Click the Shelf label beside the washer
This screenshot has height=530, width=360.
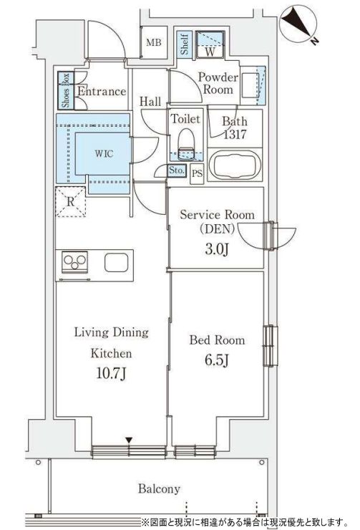click(x=184, y=45)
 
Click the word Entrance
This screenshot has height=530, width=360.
click(x=102, y=92)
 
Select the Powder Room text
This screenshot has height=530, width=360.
click(x=215, y=83)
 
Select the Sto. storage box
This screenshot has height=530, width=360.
click(x=177, y=170)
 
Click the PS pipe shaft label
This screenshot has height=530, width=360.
click(x=197, y=172)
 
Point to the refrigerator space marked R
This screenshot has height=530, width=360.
click(x=71, y=201)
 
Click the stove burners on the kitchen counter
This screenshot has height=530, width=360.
click(x=74, y=262)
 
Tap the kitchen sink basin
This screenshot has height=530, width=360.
click(x=116, y=262)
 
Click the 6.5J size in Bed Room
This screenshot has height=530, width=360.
click(x=217, y=360)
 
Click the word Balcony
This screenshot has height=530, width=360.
click(x=159, y=488)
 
